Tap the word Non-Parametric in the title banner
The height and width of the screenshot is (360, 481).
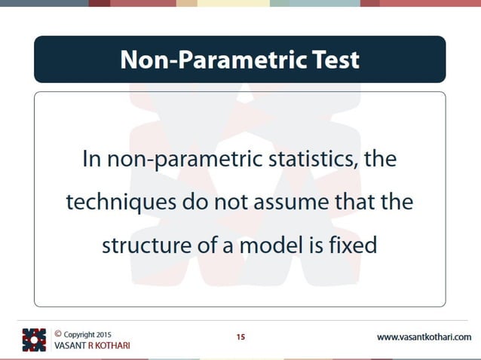[213, 59]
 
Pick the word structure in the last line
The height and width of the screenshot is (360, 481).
[140, 246]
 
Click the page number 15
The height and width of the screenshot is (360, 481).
[240, 337]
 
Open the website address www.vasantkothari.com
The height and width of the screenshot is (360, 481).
[424, 337]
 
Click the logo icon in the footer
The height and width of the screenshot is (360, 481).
[34, 340]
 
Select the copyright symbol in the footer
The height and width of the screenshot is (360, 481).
[58, 333]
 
